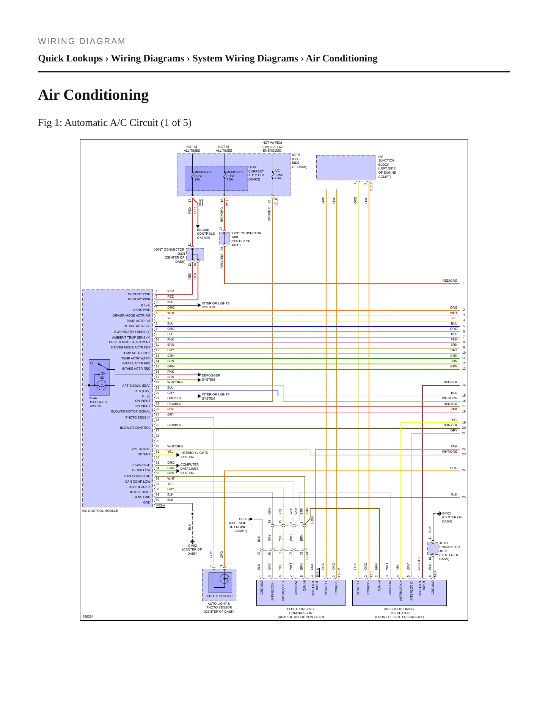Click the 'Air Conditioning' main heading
click(x=93, y=95)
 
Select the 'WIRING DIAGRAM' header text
click(x=82, y=41)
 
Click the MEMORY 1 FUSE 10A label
click(x=203, y=176)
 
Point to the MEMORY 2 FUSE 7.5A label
click(x=235, y=176)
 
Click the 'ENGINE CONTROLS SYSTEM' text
click(x=206, y=234)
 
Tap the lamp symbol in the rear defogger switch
click(x=101, y=386)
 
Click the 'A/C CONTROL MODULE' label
click(x=100, y=511)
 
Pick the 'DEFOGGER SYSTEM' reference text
click(x=211, y=377)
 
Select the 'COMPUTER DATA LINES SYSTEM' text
click(x=190, y=469)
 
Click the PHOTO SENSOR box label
click(x=220, y=596)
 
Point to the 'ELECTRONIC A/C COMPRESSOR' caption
click(x=301, y=611)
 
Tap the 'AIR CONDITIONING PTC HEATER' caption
click(x=399, y=611)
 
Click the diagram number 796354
click(x=88, y=616)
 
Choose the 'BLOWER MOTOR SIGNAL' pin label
click(x=131, y=411)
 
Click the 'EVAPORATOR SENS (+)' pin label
click(x=132, y=332)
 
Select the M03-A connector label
click(x=160, y=505)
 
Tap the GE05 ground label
click(x=243, y=519)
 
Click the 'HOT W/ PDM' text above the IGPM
click(x=272, y=143)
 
